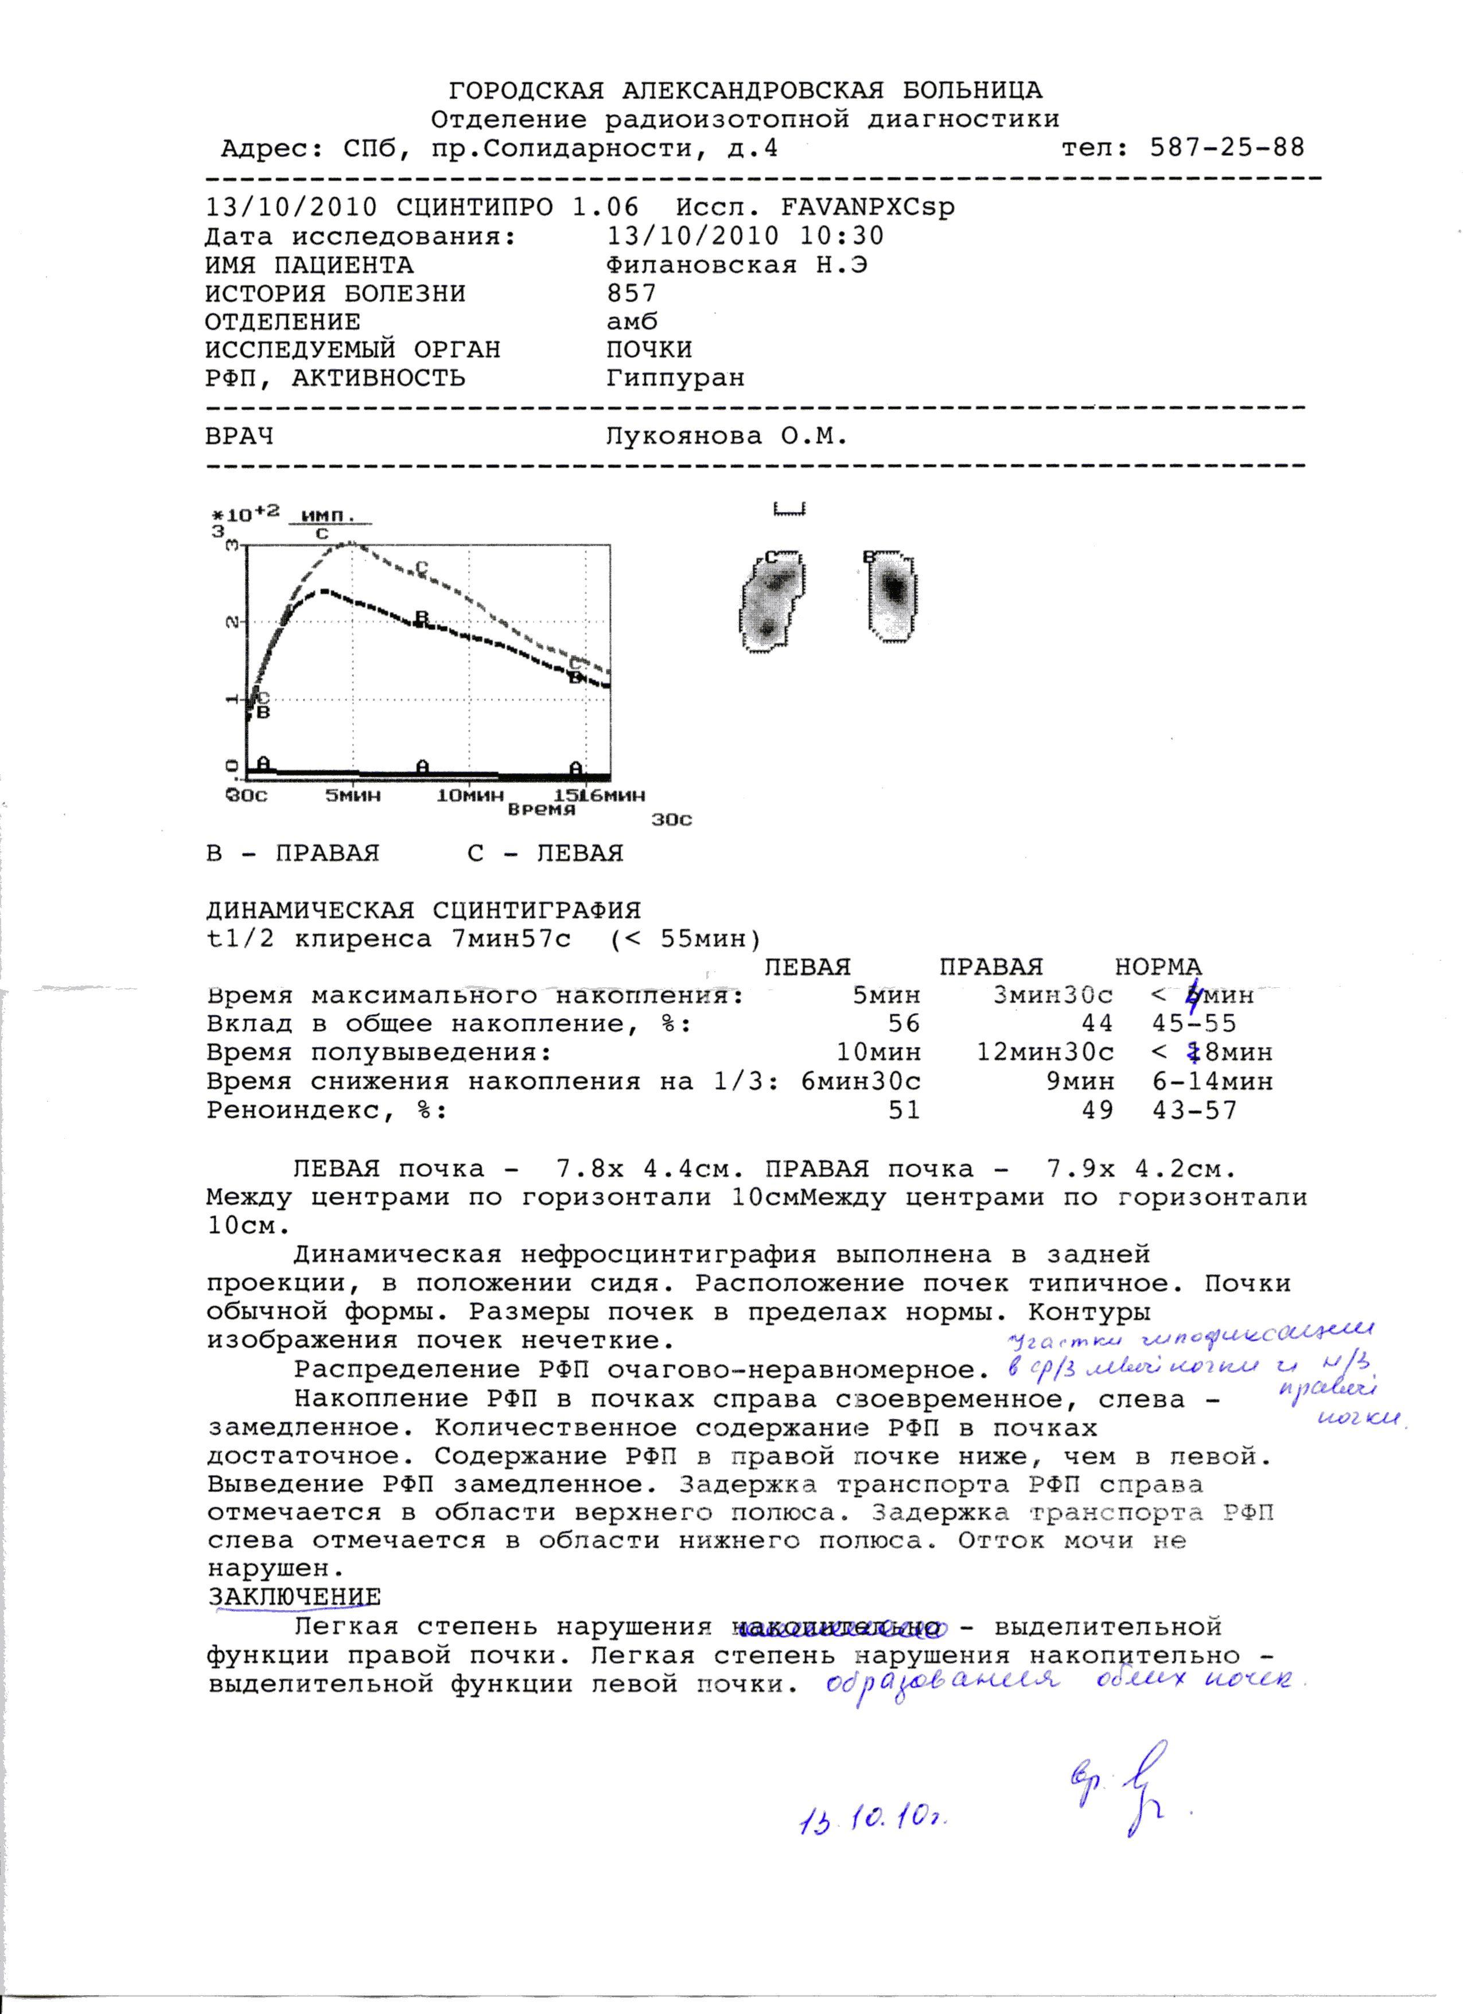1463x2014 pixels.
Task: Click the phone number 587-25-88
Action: [1227, 148]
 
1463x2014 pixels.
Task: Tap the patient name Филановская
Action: [701, 265]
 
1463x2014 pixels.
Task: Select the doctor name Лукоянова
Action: [683, 437]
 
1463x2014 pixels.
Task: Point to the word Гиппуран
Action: [676, 378]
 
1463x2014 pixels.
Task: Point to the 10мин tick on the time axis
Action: [470, 795]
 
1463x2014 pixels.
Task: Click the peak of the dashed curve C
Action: [350, 544]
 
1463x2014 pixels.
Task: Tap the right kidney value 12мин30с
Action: [1045, 1052]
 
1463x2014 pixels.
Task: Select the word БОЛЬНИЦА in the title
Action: [972, 91]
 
